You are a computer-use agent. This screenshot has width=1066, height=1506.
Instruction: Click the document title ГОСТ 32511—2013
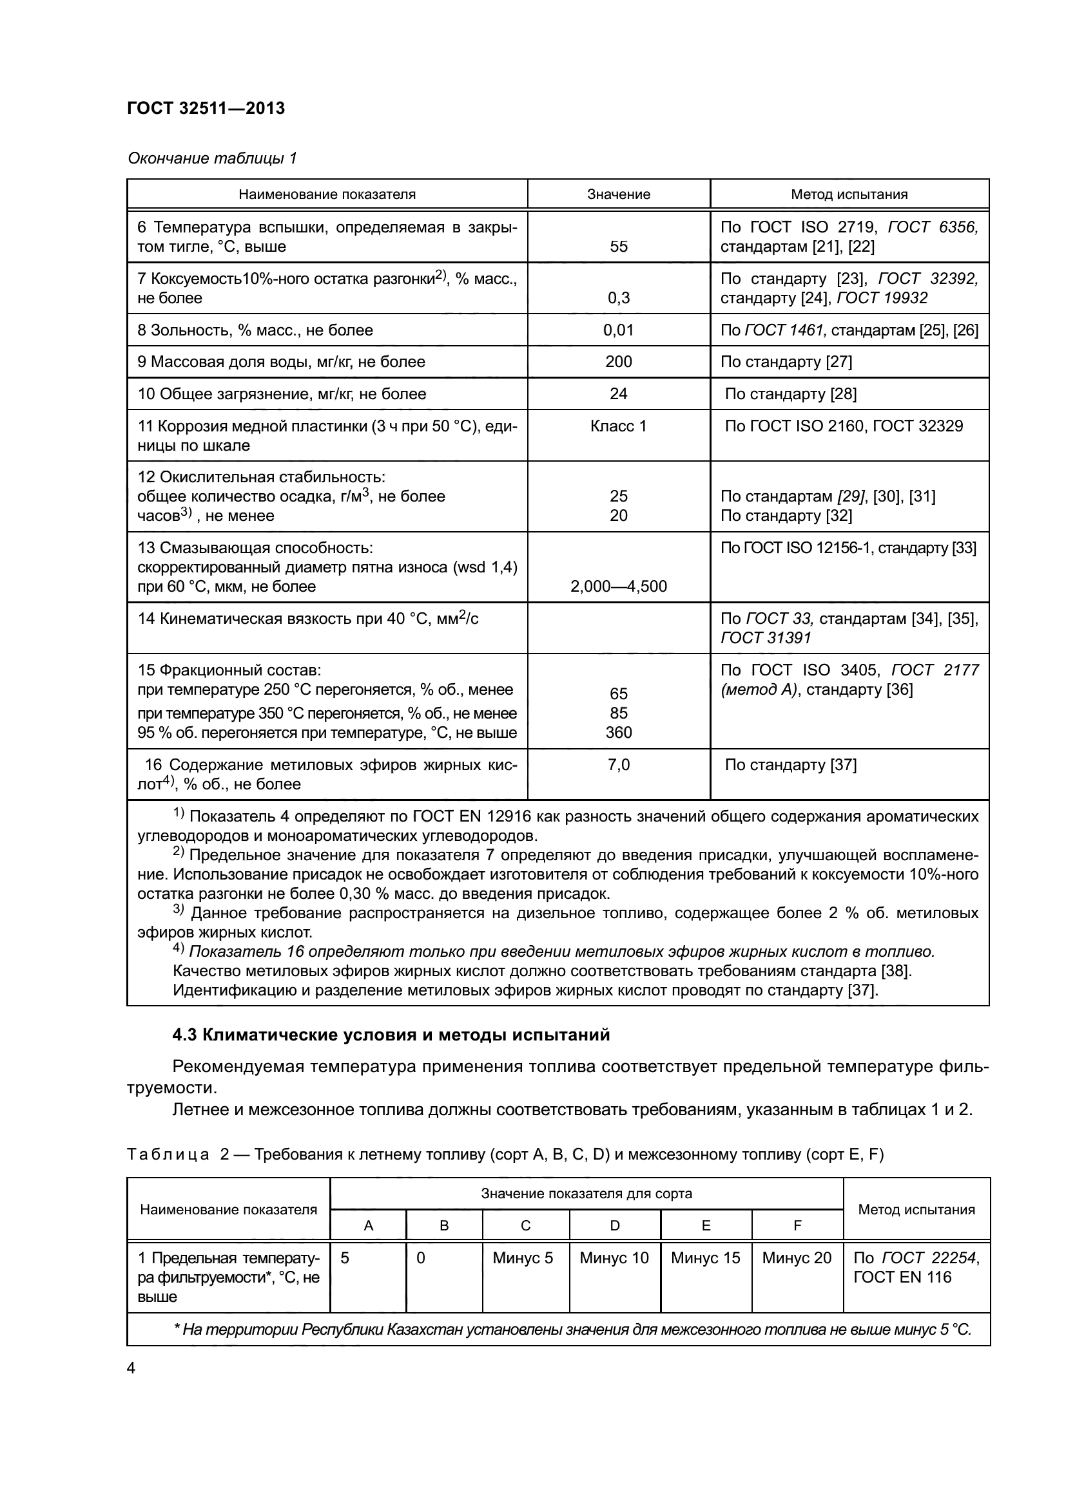coord(206,108)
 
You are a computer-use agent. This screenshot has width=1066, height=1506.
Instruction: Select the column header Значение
coord(618,194)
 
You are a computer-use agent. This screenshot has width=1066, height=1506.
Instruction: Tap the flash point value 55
coord(618,247)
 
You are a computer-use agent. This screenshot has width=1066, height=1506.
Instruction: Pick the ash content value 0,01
coord(618,330)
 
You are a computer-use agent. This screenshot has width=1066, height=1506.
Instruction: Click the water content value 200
coord(618,361)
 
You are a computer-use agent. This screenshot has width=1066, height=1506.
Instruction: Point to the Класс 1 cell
coord(618,426)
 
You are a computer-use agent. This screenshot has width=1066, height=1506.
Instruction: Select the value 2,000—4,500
coord(618,587)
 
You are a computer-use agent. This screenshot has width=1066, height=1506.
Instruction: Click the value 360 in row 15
coord(618,732)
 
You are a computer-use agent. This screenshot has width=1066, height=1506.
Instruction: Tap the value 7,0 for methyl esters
coord(618,765)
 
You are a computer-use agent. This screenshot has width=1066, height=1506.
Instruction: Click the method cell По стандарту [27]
coord(786,361)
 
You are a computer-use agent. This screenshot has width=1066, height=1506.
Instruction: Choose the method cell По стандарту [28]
coord(790,393)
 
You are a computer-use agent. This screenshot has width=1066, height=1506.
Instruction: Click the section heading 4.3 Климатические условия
coord(391,1035)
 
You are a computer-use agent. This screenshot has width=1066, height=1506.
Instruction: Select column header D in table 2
coord(614,1225)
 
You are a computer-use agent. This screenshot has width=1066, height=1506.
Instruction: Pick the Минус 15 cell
coord(705,1257)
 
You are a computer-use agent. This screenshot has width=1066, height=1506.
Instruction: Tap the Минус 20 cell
coord(796,1257)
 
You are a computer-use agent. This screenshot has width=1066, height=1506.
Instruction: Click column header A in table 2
coord(368,1225)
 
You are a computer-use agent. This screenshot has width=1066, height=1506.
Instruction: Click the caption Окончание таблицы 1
coord(212,158)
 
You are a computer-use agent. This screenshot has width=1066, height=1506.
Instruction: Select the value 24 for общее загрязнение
coord(618,393)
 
